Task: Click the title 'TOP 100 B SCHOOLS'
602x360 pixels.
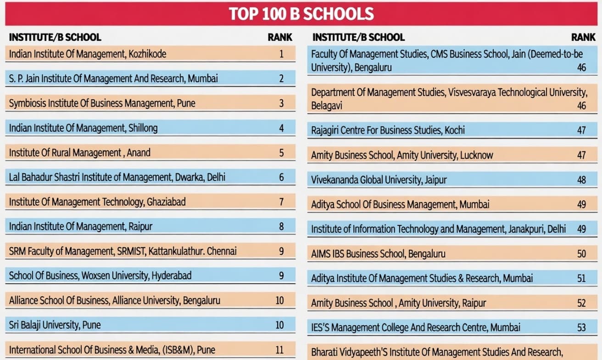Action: point(301,14)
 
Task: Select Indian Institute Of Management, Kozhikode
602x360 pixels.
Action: point(88,54)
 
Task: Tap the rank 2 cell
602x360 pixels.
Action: point(281,79)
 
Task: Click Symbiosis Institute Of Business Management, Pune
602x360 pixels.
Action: point(102,103)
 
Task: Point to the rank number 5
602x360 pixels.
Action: point(281,152)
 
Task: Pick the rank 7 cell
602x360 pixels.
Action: point(281,202)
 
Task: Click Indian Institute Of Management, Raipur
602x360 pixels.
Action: point(81,226)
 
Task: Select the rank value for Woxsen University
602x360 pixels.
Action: point(281,276)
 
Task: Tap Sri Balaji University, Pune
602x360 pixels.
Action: point(55,325)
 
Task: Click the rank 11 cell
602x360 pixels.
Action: point(279,349)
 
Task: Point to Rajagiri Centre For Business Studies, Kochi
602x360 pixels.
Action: point(388,130)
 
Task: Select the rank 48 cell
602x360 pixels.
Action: point(581,180)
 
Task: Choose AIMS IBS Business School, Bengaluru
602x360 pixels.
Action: point(378,253)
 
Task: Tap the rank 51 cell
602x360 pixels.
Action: point(581,278)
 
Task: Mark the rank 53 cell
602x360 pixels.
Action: point(581,328)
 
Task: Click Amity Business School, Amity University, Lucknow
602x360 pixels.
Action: point(402,155)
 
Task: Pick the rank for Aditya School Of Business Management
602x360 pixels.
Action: point(581,204)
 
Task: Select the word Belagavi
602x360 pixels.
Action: point(327,106)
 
